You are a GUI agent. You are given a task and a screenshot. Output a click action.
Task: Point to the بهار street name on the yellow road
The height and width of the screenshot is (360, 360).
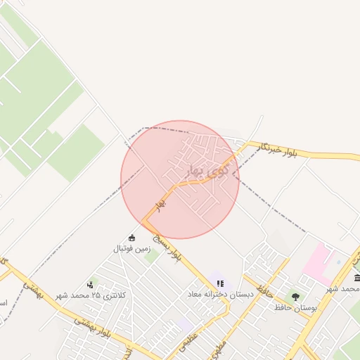pyautogui.click(x=161, y=204)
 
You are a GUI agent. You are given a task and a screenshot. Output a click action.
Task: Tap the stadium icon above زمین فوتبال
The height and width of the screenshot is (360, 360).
pyautogui.click(x=131, y=237)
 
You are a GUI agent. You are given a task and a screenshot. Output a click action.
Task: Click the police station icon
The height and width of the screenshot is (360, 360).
pyautogui.click(x=90, y=285)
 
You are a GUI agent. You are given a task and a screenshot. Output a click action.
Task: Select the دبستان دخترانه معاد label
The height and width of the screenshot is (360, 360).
pyautogui.click(x=220, y=294)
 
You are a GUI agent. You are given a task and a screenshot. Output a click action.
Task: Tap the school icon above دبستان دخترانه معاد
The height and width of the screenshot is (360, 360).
pyautogui.click(x=220, y=284)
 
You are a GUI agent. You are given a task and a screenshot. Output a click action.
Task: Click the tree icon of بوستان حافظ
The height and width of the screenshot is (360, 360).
pyautogui.click(x=295, y=297)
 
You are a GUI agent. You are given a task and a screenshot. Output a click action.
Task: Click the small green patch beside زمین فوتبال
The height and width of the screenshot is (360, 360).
pyautogui.click(x=150, y=256)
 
